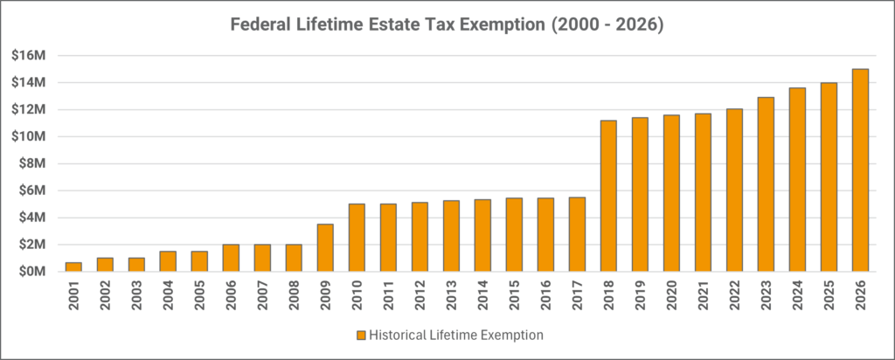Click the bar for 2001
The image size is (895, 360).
click(x=73, y=267)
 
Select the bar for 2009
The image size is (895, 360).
click(x=325, y=248)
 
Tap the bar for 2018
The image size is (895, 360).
click(x=608, y=196)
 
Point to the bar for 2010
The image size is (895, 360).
click(x=357, y=238)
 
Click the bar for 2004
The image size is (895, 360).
click(x=168, y=261)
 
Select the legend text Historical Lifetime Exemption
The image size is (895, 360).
click(x=454, y=335)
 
